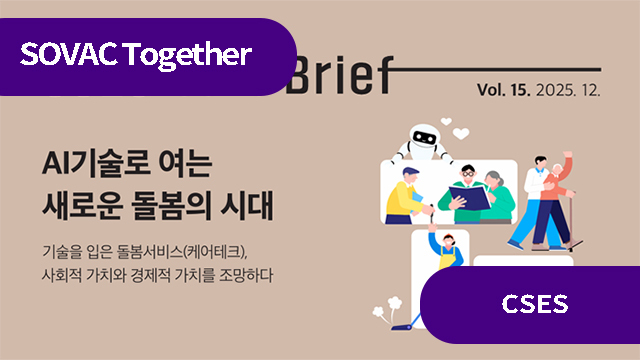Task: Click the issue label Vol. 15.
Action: click(x=506, y=90)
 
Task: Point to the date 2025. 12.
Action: click(x=569, y=90)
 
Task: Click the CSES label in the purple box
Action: click(x=533, y=304)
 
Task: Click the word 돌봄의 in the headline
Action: click(x=176, y=205)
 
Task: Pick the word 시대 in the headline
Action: click(x=249, y=205)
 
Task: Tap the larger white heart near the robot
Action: click(x=461, y=131)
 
